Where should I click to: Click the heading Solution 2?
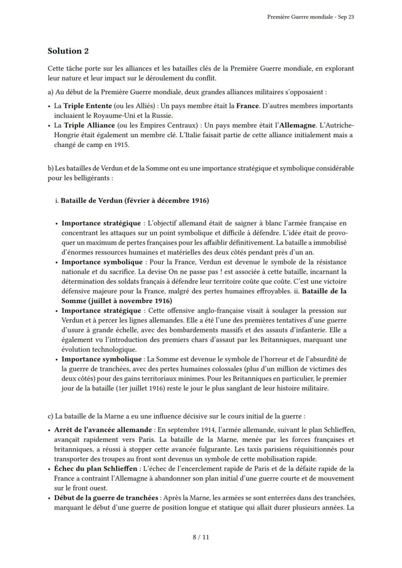coord(68,51)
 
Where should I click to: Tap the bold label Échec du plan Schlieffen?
coord(96,469)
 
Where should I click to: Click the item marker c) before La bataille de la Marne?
coord(50,416)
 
